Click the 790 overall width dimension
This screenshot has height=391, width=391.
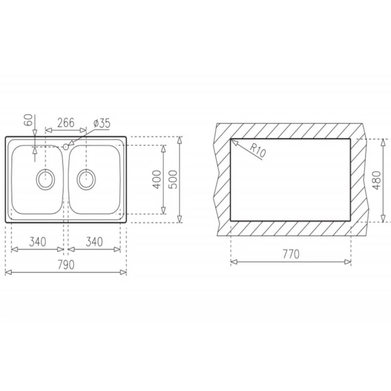pos(66,265)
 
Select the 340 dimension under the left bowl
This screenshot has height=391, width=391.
pos(37,242)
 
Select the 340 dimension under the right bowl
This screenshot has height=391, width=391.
pos(94,242)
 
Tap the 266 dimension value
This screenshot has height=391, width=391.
pos(66,123)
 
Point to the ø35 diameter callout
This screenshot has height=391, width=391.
pos(102,123)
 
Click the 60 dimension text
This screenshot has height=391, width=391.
pos(28,120)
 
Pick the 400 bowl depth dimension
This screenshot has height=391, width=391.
pos(156,180)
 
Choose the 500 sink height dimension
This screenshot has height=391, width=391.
pos(173,180)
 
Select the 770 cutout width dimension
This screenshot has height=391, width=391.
pos(291,255)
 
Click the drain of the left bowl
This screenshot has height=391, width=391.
pos(46,179)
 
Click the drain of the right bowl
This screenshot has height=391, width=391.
pos(85,179)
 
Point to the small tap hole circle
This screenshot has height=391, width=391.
pos(66,146)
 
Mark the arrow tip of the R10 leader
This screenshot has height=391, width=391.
pos(233,141)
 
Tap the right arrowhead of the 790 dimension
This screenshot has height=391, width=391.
pos(125,272)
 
